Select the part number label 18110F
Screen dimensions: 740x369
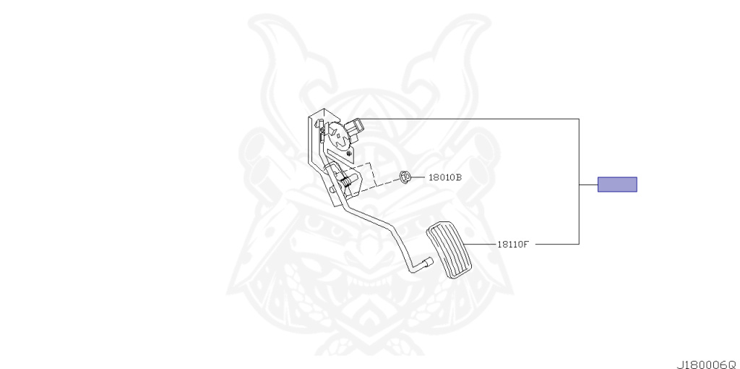coord(513,244)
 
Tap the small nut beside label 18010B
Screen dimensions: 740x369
coord(405,176)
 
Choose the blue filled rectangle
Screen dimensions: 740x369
coord(616,184)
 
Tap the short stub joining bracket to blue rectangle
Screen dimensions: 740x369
coord(588,184)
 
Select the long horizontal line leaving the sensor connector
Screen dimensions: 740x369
coord(470,119)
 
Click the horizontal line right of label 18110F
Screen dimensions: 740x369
coord(556,244)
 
